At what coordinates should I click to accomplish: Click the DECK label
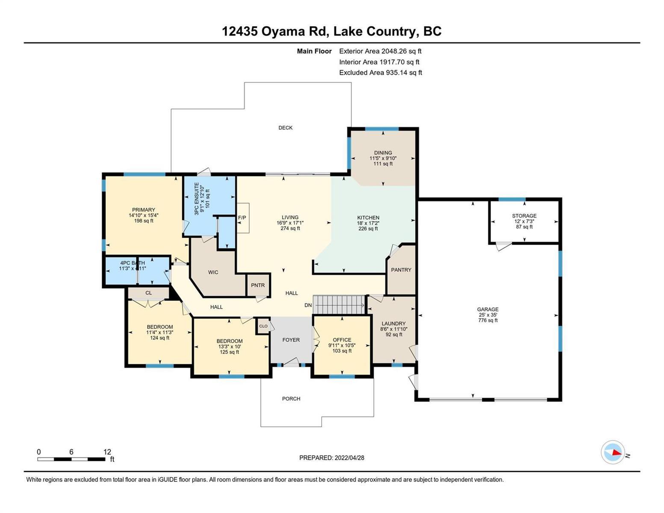pyautogui.click(x=285, y=128)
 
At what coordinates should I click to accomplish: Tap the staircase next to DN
pyautogui.click(x=339, y=304)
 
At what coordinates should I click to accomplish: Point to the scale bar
pyautogui.click(x=71, y=459)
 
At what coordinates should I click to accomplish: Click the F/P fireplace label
pyautogui.click(x=242, y=218)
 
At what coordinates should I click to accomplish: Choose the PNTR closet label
pyautogui.click(x=258, y=285)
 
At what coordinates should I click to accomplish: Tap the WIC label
pyautogui.click(x=213, y=272)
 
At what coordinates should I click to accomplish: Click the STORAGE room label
pyautogui.click(x=524, y=216)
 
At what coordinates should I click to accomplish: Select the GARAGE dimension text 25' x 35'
pyautogui.click(x=488, y=315)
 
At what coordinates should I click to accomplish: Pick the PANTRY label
pyautogui.click(x=401, y=270)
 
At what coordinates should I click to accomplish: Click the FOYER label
pyautogui.click(x=291, y=340)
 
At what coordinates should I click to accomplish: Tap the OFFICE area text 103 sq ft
pyautogui.click(x=342, y=351)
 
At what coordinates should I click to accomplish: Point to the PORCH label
pyautogui.click(x=291, y=399)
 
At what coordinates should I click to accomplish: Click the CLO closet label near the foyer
pyautogui.click(x=263, y=326)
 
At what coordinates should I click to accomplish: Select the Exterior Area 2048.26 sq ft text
pyautogui.click(x=381, y=51)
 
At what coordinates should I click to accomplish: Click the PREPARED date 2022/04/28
pyautogui.click(x=349, y=458)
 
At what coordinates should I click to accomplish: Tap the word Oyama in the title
pyautogui.click(x=283, y=32)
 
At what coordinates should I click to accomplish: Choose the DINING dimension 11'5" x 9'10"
pyautogui.click(x=383, y=158)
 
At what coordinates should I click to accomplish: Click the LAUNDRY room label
pyautogui.click(x=394, y=323)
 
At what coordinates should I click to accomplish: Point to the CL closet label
pyautogui.click(x=148, y=293)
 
